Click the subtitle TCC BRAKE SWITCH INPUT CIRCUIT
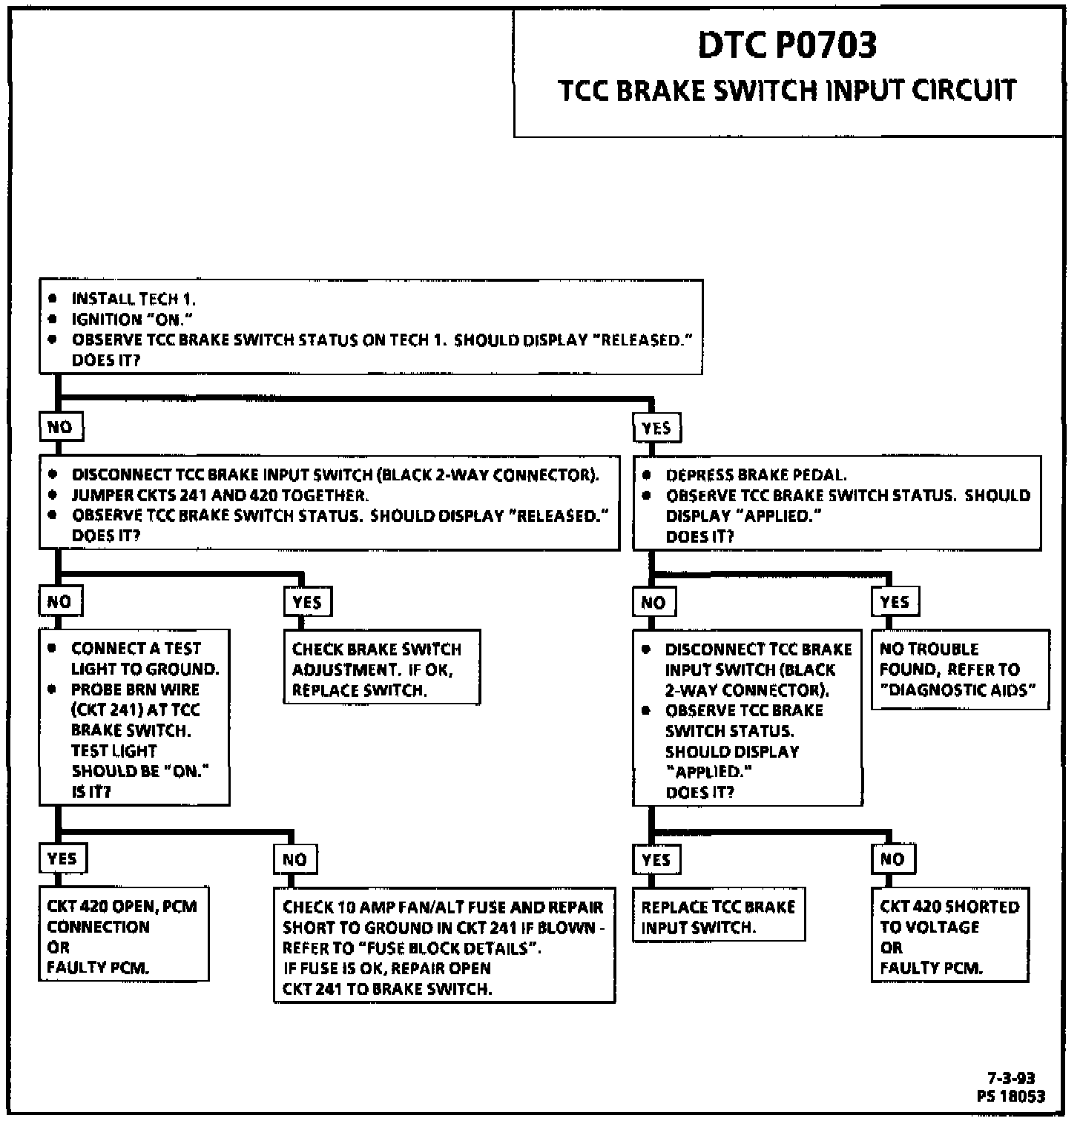(x=787, y=90)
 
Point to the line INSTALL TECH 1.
(x=134, y=299)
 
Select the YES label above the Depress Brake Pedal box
(x=656, y=428)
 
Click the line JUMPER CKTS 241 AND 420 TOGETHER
(x=220, y=495)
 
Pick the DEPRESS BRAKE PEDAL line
(x=756, y=475)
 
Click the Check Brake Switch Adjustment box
(x=381, y=669)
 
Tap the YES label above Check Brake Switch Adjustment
(x=307, y=602)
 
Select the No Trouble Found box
(x=960, y=669)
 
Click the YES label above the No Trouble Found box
(x=895, y=602)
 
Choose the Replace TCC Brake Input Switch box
(x=718, y=916)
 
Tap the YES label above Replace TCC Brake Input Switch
(x=656, y=859)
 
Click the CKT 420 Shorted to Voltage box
(x=949, y=936)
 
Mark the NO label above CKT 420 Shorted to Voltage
(x=892, y=859)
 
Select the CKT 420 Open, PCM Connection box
(x=123, y=936)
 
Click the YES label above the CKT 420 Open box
(x=62, y=859)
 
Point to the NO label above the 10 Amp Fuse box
(x=294, y=859)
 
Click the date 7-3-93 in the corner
(x=1011, y=1078)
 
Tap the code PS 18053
(x=1011, y=1097)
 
